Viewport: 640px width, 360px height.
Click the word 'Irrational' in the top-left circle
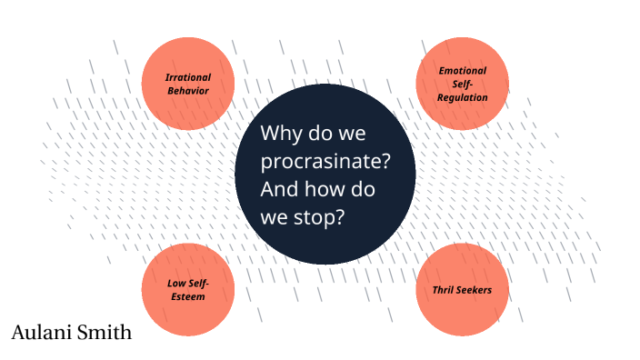click(x=188, y=78)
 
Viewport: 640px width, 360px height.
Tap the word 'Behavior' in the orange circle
click(x=188, y=91)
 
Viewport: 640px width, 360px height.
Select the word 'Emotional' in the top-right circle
click(x=463, y=70)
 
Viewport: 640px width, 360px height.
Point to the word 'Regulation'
click(x=463, y=97)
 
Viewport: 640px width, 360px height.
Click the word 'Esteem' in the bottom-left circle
click(x=188, y=296)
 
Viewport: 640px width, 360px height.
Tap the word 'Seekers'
click(x=475, y=290)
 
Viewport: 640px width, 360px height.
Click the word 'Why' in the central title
click(x=280, y=134)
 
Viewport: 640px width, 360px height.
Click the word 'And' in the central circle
click(x=279, y=191)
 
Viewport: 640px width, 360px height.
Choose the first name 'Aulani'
click(x=43, y=334)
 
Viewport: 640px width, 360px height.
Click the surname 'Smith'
click(x=105, y=334)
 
